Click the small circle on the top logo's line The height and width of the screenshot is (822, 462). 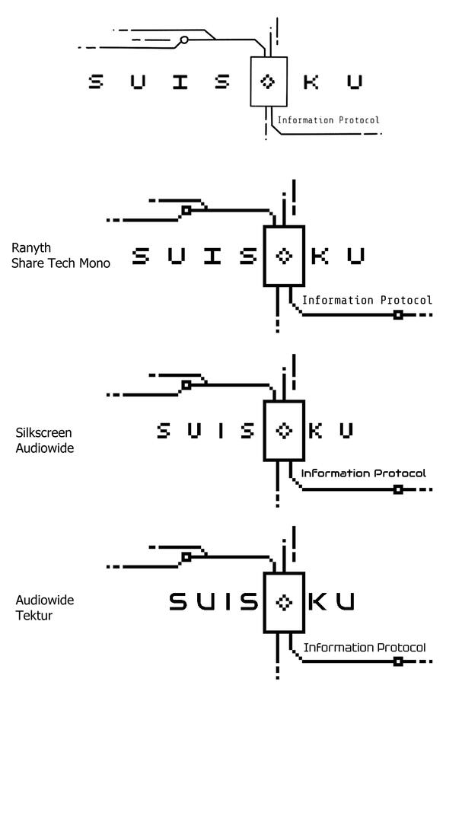pos(183,40)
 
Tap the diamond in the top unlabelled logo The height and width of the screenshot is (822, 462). pos(268,81)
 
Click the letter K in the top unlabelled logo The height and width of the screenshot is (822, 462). pos(311,81)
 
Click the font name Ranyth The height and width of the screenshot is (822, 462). pos(31,248)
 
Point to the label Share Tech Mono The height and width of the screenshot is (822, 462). pos(61,263)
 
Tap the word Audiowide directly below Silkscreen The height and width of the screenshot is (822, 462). pos(45,448)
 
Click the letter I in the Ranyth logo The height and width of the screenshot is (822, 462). pos(212,256)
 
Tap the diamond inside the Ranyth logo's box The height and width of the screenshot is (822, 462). pos(284,256)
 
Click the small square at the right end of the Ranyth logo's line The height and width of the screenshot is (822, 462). pos(397,314)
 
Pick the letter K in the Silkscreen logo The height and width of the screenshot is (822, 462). pos(317,431)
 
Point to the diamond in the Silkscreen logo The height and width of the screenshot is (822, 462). pos(284,431)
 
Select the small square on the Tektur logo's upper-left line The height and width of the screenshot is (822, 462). pos(186,557)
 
